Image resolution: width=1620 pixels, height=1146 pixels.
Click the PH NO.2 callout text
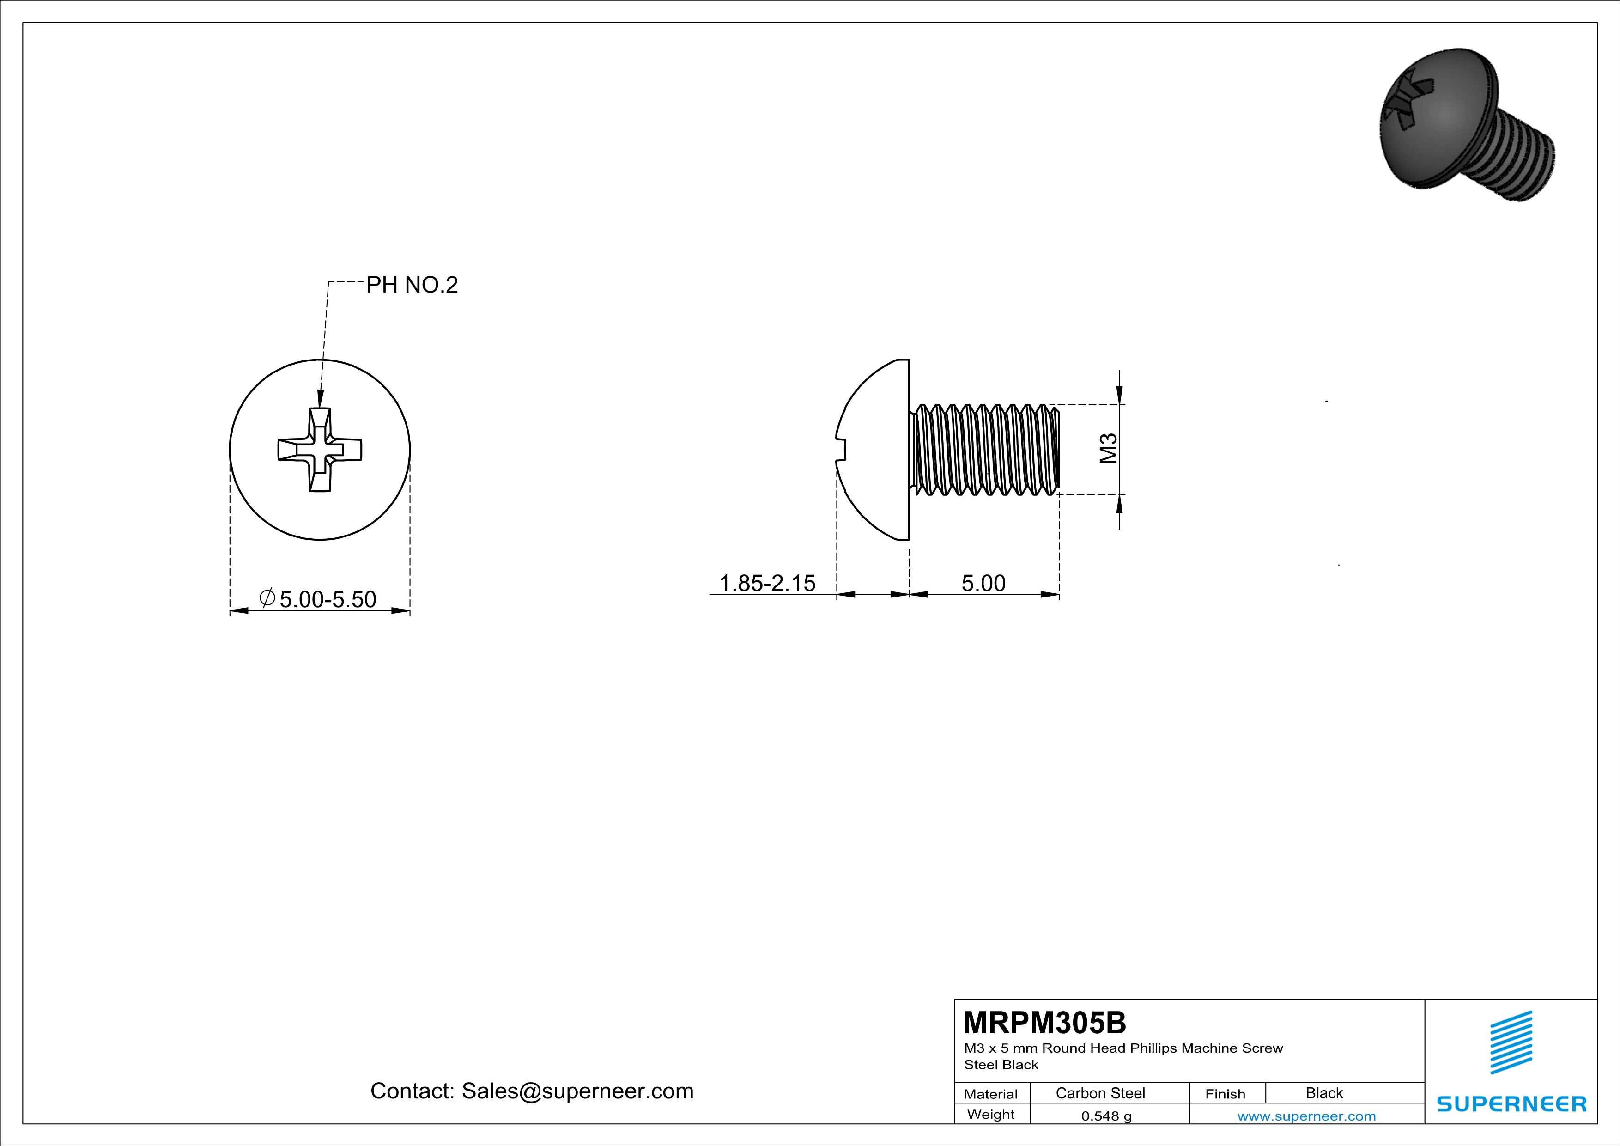click(x=412, y=285)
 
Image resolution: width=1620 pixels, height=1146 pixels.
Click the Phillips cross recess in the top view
click(x=320, y=450)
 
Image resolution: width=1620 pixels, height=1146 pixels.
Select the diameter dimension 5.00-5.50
click(x=328, y=599)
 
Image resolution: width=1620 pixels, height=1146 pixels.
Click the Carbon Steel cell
click(x=1100, y=1093)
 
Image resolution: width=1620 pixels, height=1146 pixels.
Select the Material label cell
click(x=991, y=1094)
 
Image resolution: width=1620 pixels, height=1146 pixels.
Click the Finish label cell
click(x=1225, y=1094)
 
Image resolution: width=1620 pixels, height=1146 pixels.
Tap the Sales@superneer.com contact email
click(x=577, y=1091)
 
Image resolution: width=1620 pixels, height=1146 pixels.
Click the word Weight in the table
click(x=991, y=1114)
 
